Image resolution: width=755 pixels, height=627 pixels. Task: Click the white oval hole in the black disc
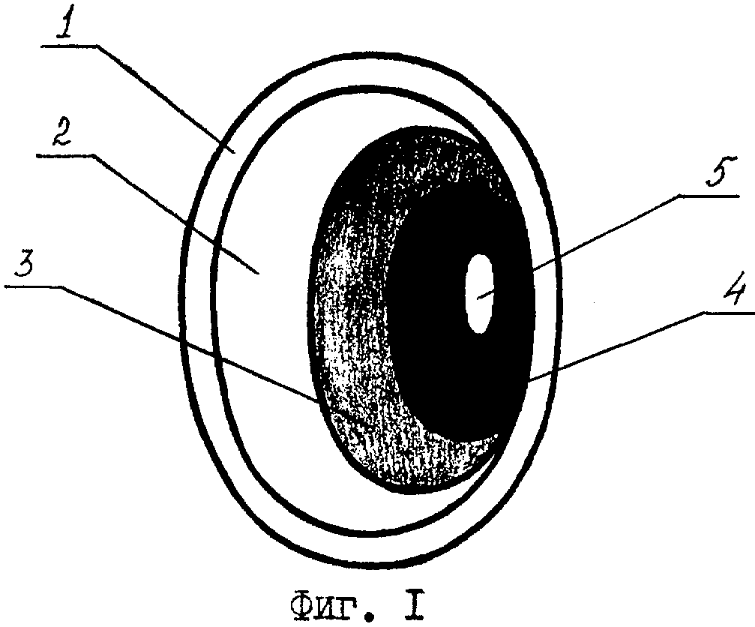pyautogui.click(x=479, y=294)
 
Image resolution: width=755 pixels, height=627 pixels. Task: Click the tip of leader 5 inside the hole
pyautogui.click(x=478, y=298)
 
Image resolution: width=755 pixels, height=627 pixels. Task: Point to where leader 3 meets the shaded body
pyautogui.click(x=316, y=400)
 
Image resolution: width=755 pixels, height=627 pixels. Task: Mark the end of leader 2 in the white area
pyautogui.click(x=259, y=273)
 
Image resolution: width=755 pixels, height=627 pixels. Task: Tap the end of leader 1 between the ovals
pyautogui.click(x=235, y=151)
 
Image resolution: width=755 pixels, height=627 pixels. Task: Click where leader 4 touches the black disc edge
pyautogui.click(x=529, y=382)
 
